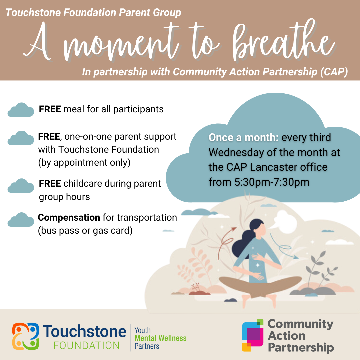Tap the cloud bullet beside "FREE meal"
pos(21,110)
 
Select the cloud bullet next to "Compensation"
pos(21,220)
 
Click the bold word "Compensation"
pos(69,218)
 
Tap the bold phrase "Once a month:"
pos(243,138)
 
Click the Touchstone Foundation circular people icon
pos(26,334)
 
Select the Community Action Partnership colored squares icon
pos(252,335)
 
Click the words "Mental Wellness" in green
pos(160,338)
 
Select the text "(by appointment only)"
pos(84,163)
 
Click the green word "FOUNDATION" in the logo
pos(86,345)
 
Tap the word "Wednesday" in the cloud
pos(233,152)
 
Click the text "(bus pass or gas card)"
pos(85,231)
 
